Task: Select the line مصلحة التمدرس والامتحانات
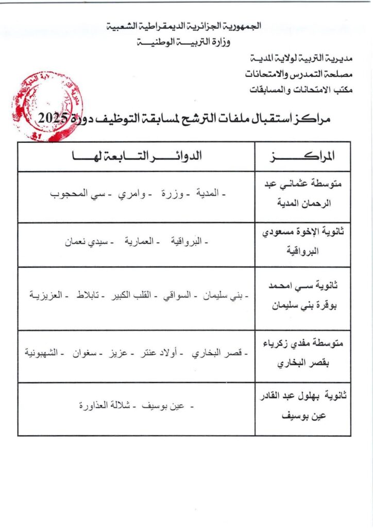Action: (x=299, y=73)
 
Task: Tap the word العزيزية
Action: (x=46, y=295)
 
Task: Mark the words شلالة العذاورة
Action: (x=105, y=406)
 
